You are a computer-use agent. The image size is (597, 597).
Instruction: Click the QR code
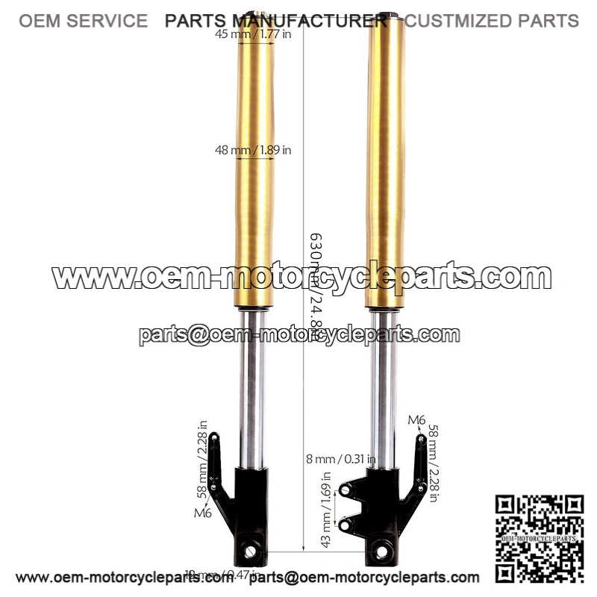click(540, 538)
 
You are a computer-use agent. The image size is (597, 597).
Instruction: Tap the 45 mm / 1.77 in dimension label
click(252, 34)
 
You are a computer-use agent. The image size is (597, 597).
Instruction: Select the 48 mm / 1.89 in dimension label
click(253, 150)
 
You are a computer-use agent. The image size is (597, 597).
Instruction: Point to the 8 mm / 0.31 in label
click(339, 458)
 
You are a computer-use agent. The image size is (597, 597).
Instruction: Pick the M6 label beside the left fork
click(202, 513)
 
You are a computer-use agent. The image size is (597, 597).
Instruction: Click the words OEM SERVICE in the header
click(83, 20)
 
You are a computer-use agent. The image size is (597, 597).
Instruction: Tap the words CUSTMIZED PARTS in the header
click(492, 20)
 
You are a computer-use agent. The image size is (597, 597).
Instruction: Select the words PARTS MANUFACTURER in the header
click(276, 20)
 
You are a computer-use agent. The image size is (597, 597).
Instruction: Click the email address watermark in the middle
click(298, 335)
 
